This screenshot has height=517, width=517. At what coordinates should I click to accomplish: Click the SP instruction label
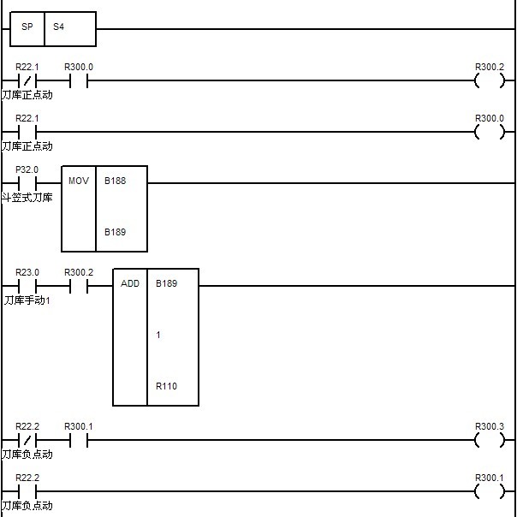27,27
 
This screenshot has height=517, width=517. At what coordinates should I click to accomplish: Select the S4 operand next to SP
59,27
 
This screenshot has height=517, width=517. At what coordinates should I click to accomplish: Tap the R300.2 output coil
490,82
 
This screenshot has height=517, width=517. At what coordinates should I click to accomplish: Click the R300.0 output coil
490,133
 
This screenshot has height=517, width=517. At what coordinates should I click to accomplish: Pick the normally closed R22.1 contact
27,82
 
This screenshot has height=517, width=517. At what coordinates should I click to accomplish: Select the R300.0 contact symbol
79,82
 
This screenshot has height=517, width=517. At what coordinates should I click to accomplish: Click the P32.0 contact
27,183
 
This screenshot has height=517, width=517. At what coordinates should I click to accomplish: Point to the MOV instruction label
79,181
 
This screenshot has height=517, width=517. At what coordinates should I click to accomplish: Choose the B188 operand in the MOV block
116,181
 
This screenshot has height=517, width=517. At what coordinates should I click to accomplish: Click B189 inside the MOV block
116,232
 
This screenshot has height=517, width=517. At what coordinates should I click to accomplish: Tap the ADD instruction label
130,283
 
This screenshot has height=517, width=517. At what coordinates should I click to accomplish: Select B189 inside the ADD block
167,283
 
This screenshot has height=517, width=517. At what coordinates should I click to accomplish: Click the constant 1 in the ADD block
158,335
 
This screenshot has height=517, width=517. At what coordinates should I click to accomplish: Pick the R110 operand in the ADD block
167,386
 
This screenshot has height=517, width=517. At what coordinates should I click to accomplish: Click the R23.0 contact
27,286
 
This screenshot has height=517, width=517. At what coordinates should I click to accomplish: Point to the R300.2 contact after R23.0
79,286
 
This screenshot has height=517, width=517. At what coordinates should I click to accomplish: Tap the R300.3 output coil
490,440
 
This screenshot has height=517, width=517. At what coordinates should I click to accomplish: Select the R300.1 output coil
490,491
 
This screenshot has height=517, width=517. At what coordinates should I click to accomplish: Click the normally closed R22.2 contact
27,440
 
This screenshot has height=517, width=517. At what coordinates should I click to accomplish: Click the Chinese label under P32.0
27,198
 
